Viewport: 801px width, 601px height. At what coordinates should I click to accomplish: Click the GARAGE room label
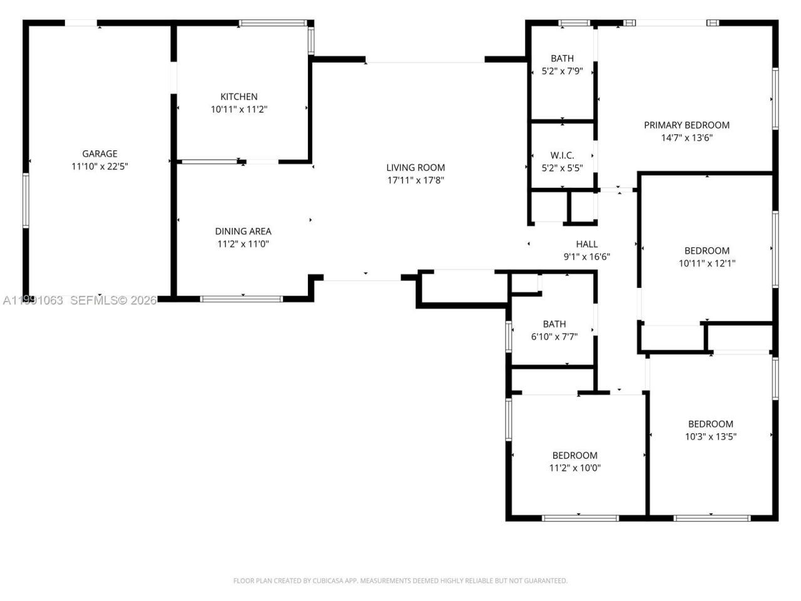99,153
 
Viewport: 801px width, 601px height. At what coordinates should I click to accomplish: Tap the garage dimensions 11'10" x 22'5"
99,167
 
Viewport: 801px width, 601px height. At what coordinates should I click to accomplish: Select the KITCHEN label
238,96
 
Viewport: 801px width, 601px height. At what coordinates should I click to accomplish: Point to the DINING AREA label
243,231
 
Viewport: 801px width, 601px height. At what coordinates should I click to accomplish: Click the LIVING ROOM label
416,167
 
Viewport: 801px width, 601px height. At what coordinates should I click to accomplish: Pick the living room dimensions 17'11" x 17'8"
416,180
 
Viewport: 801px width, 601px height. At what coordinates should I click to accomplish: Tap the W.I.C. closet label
562,155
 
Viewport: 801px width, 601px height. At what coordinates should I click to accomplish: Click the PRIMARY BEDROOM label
686,125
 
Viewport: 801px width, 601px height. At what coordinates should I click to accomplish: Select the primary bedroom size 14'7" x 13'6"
686,138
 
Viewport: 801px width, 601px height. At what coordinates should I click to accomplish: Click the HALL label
586,244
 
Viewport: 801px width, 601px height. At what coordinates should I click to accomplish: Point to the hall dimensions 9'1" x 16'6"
586,257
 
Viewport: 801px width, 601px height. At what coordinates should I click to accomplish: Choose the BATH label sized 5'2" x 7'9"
562,58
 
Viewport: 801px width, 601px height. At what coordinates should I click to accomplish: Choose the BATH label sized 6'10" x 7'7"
554,324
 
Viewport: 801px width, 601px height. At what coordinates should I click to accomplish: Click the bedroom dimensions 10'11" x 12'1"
707,264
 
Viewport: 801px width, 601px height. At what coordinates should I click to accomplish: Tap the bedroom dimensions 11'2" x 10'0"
574,468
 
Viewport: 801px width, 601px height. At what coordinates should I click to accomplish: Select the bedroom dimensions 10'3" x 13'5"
710,436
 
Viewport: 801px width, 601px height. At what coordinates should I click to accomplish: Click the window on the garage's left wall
26,200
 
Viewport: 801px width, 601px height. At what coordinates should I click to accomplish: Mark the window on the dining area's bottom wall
242,299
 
